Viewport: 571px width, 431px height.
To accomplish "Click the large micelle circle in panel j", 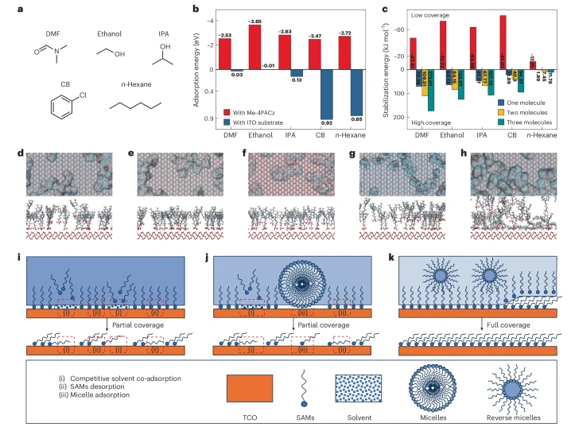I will click(326, 282).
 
